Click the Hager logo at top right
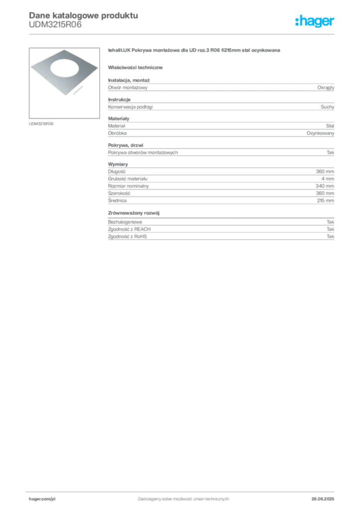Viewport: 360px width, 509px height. point(315,21)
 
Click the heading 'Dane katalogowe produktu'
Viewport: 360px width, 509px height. point(84,15)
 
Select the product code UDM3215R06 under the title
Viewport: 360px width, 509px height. point(55,24)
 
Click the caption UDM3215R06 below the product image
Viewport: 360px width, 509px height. point(41,124)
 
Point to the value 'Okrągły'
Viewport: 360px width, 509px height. point(326,87)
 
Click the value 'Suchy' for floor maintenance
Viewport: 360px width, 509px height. point(327,107)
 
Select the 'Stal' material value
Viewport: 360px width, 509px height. point(330,126)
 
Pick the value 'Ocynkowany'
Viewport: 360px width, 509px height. point(320,133)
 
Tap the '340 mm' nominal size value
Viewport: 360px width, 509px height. point(325,186)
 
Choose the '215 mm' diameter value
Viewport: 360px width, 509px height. point(325,201)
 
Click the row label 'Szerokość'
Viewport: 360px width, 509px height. point(119,193)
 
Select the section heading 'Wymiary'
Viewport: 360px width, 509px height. point(118,164)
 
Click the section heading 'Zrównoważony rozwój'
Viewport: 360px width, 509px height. point(134,213)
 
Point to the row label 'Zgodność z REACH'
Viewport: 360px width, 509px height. point(129,229)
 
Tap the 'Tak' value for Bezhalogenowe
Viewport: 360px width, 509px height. point(331,222)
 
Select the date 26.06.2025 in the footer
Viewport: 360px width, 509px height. point(323,499)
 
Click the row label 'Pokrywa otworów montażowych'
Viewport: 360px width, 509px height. point(143,153)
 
